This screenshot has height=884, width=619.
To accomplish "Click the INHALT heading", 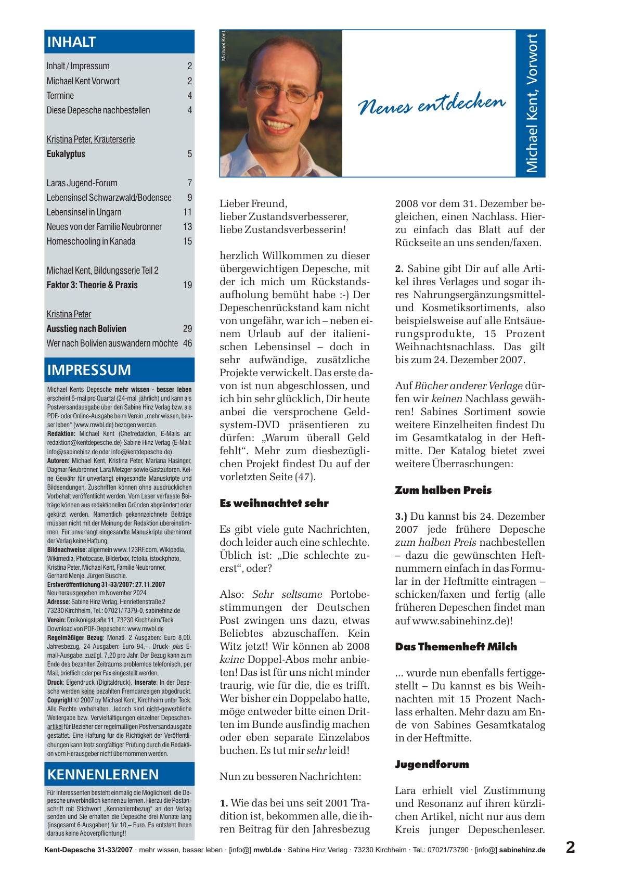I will [x=72, y=42].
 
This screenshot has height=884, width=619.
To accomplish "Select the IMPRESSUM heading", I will [x=89, y=370].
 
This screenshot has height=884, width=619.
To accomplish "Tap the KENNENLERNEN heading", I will [x=103, y=775].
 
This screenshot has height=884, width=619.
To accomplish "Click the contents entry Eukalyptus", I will [x=66, y=154].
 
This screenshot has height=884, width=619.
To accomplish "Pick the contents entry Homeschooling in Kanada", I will [x=91, y=241].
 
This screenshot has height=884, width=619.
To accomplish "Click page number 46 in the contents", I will [x=187, y=343].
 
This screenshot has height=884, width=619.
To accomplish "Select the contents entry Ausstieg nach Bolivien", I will [x=86, y=329].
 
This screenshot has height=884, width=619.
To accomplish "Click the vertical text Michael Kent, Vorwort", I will [x=531, y=103].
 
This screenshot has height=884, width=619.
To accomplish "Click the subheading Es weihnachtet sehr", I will [x=274, y=503].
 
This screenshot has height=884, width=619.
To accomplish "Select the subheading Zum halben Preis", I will [x=443, y=490].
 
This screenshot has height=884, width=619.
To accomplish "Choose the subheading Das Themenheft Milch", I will [x=456, y=647].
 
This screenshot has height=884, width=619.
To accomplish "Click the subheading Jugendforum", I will [x=432, y=764].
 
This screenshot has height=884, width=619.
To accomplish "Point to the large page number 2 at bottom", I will [x=570, y=848].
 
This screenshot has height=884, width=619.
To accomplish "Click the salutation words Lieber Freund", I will [x=253, y=203].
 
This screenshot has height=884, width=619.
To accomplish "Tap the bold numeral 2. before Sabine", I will [x=399, y=269].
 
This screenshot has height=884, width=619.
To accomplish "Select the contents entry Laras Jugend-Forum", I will [x=82, y=183].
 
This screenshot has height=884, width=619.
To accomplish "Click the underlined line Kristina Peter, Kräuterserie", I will [x=91, y=139].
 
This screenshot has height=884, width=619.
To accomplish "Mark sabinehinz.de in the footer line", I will [x=522, y=850].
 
